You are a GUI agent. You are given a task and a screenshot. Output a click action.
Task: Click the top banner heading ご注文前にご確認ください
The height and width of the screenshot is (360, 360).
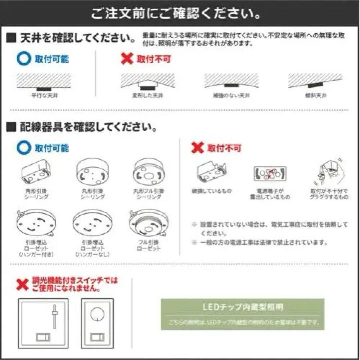[176, 14]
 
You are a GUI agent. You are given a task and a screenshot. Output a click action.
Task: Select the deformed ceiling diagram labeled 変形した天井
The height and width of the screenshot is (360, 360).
[147, 82]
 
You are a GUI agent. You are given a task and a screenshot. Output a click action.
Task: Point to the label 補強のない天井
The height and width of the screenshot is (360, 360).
[231, 96]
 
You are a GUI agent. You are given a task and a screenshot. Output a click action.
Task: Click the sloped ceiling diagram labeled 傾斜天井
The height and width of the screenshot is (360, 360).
[315, 82]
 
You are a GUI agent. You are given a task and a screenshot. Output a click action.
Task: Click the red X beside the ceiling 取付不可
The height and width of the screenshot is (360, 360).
[127, 59]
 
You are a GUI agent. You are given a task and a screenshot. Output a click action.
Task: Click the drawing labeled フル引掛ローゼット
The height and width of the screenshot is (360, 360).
[148, 222]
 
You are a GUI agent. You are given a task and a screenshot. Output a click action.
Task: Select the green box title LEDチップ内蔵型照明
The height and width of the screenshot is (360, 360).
[243, 307]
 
